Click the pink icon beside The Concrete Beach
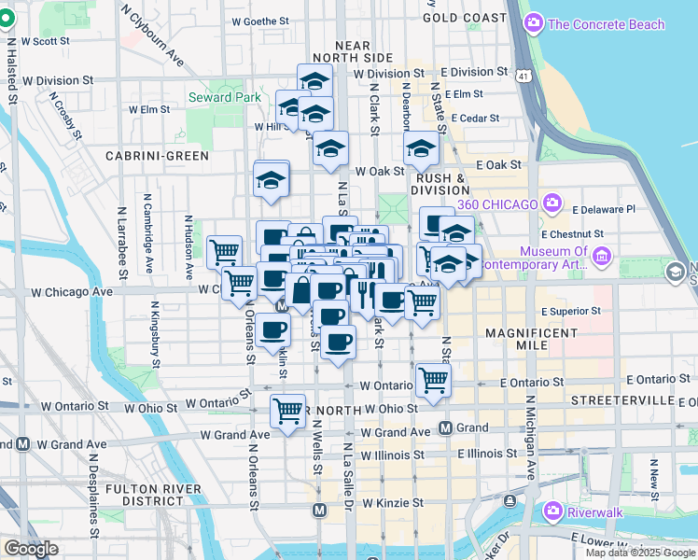point(535,24)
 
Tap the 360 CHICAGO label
point(496,204)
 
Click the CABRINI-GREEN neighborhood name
point(157,156)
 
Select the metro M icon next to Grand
point(446,427)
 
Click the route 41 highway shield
point(525,74)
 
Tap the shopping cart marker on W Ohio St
point(287,411)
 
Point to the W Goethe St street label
point(261,20)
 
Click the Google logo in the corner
point(31,549)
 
